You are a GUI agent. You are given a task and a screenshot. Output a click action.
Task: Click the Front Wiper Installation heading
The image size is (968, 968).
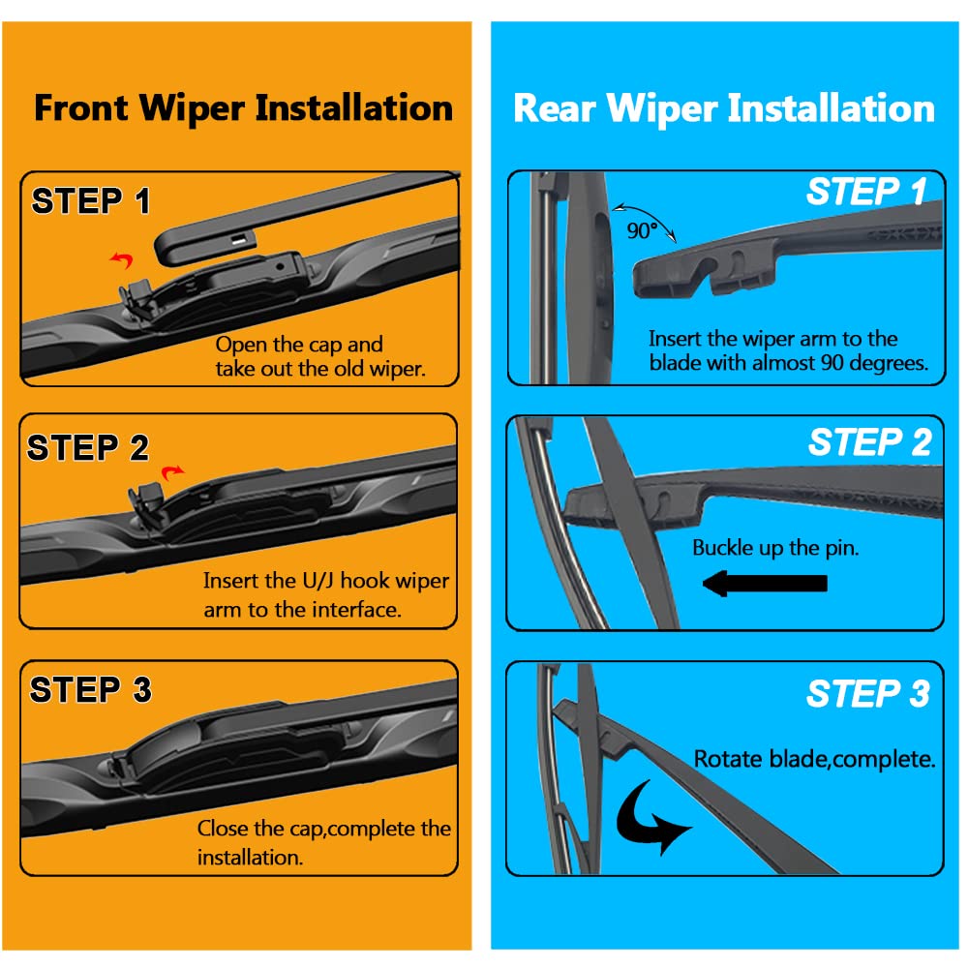tap(243, 107)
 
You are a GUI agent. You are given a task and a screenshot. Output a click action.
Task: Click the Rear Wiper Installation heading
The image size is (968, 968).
tap(724, 107)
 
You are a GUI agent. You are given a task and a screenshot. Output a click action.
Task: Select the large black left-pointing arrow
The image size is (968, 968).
tap(764, 583)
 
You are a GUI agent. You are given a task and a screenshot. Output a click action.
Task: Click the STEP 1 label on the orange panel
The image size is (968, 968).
tap(91, 201)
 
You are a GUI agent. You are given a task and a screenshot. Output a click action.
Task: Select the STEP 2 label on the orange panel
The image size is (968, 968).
tap(88, 448)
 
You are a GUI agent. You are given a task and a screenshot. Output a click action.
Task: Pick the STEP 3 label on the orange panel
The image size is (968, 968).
tap(91, 690)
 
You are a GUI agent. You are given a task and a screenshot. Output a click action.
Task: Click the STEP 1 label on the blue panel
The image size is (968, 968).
tap(866, 192)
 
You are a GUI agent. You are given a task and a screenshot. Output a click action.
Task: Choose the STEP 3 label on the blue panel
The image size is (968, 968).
tap(867, 693)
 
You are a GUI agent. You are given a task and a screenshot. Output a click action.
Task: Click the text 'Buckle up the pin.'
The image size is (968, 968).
tap(775, 548)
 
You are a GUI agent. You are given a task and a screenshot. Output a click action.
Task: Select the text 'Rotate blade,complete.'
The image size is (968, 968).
tap(814, 759)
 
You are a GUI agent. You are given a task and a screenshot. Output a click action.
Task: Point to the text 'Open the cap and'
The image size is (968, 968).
tap(299, 345)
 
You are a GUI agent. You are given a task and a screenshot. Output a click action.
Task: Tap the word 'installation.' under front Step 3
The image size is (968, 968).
tap(250, 858)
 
